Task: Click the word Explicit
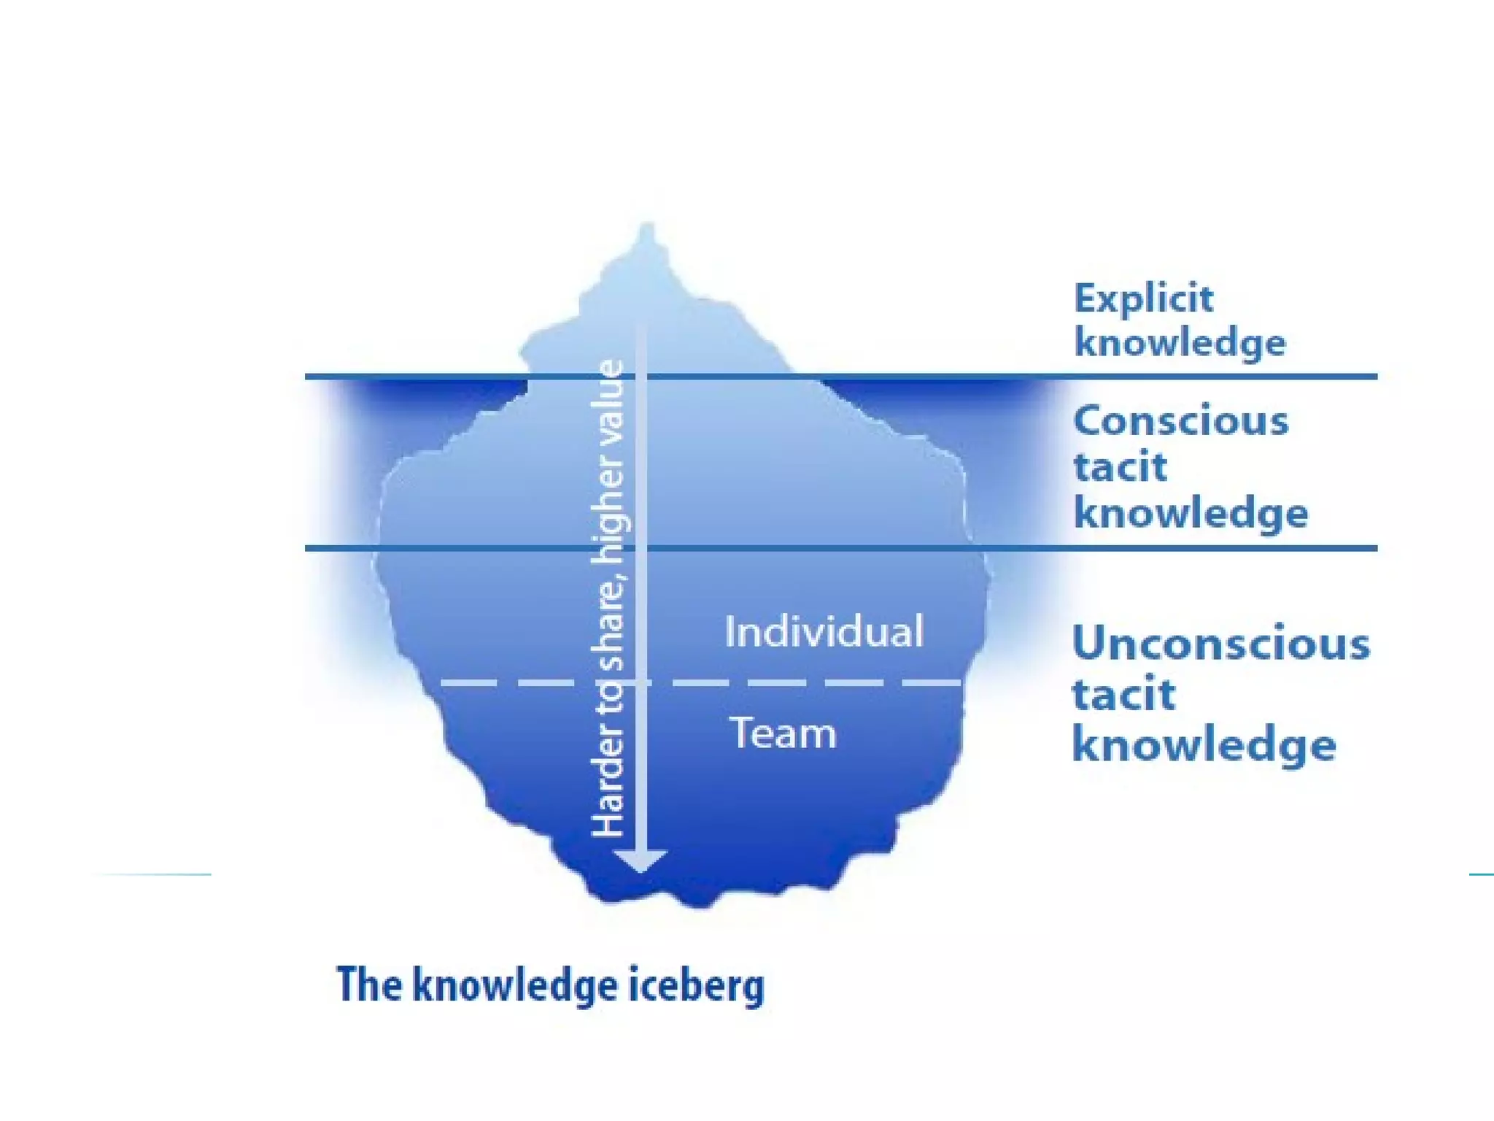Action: pos(1143,298)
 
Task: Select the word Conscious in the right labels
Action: pos(1181,421)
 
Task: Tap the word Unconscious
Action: pos(1221,644)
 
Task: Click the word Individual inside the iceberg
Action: pos(824,631)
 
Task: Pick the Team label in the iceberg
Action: pos(783,733)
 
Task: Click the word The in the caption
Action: pos(369,985)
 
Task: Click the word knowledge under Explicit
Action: pos(1180,343)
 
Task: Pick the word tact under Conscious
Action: pos(1120,466)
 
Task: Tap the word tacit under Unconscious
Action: pos(1123,694)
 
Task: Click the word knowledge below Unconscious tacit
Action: pos(1204,746)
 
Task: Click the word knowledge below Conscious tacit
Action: pos(1191,513)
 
